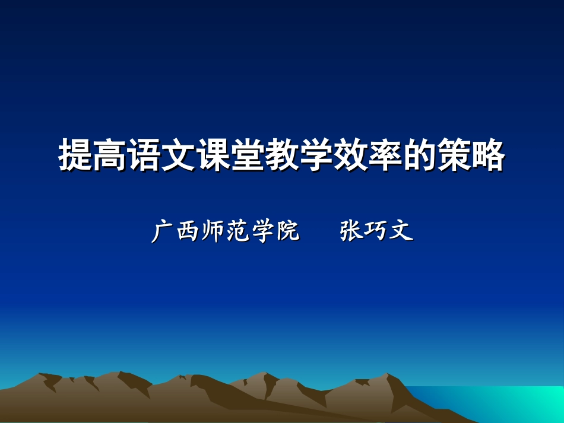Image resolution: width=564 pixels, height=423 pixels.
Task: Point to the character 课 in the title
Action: (x=213, y=156)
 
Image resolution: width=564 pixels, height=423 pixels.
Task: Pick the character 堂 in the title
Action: (x=248, y=156)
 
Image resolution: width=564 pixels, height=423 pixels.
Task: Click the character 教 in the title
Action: (x=282, y=156)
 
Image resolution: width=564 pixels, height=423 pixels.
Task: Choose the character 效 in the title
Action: (x=351, y=156)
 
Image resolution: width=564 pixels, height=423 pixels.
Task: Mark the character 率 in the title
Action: (x=385, y=156)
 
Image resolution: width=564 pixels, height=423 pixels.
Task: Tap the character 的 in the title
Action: (x=420, y=156)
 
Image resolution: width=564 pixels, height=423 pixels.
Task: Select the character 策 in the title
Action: (x=454, y=156)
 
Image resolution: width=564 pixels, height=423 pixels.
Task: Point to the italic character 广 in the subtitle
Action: (x=164, y=231)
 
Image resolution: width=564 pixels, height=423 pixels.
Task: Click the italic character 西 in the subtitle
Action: (x=189, y=231)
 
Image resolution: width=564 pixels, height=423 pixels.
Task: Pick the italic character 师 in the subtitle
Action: (x=213, y=231)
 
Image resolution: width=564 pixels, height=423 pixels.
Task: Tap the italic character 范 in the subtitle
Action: (x=238, y=231)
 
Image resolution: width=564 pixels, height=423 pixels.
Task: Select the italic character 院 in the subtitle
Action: (x=287, y=231)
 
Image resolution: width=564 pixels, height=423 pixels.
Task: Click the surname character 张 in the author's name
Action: (x=351, y=231)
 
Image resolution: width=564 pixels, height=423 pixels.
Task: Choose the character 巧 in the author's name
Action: (x=376, y=231)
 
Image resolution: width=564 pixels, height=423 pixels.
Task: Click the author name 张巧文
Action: (x=376, y=231)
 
